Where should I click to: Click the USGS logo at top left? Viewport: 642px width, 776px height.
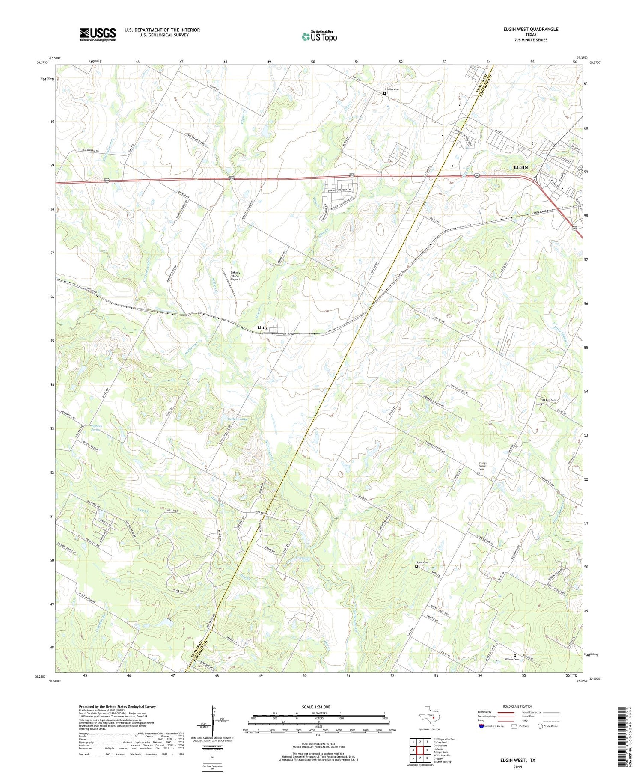98,34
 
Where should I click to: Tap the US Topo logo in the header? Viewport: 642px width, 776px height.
319,37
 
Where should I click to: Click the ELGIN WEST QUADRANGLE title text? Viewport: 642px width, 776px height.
531,29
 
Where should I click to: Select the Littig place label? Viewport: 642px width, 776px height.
262,327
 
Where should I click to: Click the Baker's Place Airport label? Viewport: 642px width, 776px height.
235,276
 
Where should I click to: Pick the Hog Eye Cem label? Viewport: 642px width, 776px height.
548,400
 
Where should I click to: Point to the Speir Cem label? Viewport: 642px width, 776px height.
422,562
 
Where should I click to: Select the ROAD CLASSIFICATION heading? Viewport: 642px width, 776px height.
517,706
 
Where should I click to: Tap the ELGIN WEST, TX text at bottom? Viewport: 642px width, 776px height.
518,761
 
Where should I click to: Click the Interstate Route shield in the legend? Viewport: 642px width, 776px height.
482,726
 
